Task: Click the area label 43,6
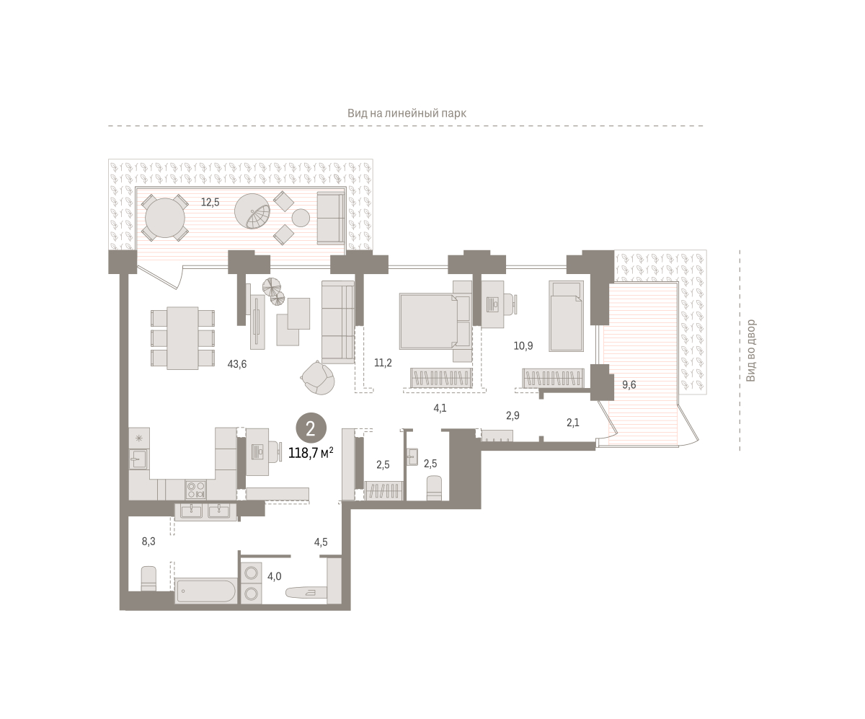(x=237, y=364)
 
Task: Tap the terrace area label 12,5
(x=210, y=202)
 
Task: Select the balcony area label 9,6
(x=629, y=384)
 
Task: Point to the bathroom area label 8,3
(x=148, y=541)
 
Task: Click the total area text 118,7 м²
(x=311, y=453)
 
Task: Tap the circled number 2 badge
(x=311, y=428)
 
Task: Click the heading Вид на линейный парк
(x=407, y=113)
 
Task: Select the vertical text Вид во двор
(x=750, y=350)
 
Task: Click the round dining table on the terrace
(x=165, y=218)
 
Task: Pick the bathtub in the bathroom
(x=205, y=591)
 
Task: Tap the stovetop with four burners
(x=195, y=489)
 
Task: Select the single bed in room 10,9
(x=566, y=316)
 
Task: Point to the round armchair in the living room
(x=318, y=377)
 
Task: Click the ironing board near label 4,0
(x=303, y=593)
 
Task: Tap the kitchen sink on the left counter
(x=139, y=459)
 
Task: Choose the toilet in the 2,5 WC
(x=434, y=488)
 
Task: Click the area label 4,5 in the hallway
(x=321, y=542)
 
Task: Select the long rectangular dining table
(x=182, y=338)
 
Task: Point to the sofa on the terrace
(x=331, y=218)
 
